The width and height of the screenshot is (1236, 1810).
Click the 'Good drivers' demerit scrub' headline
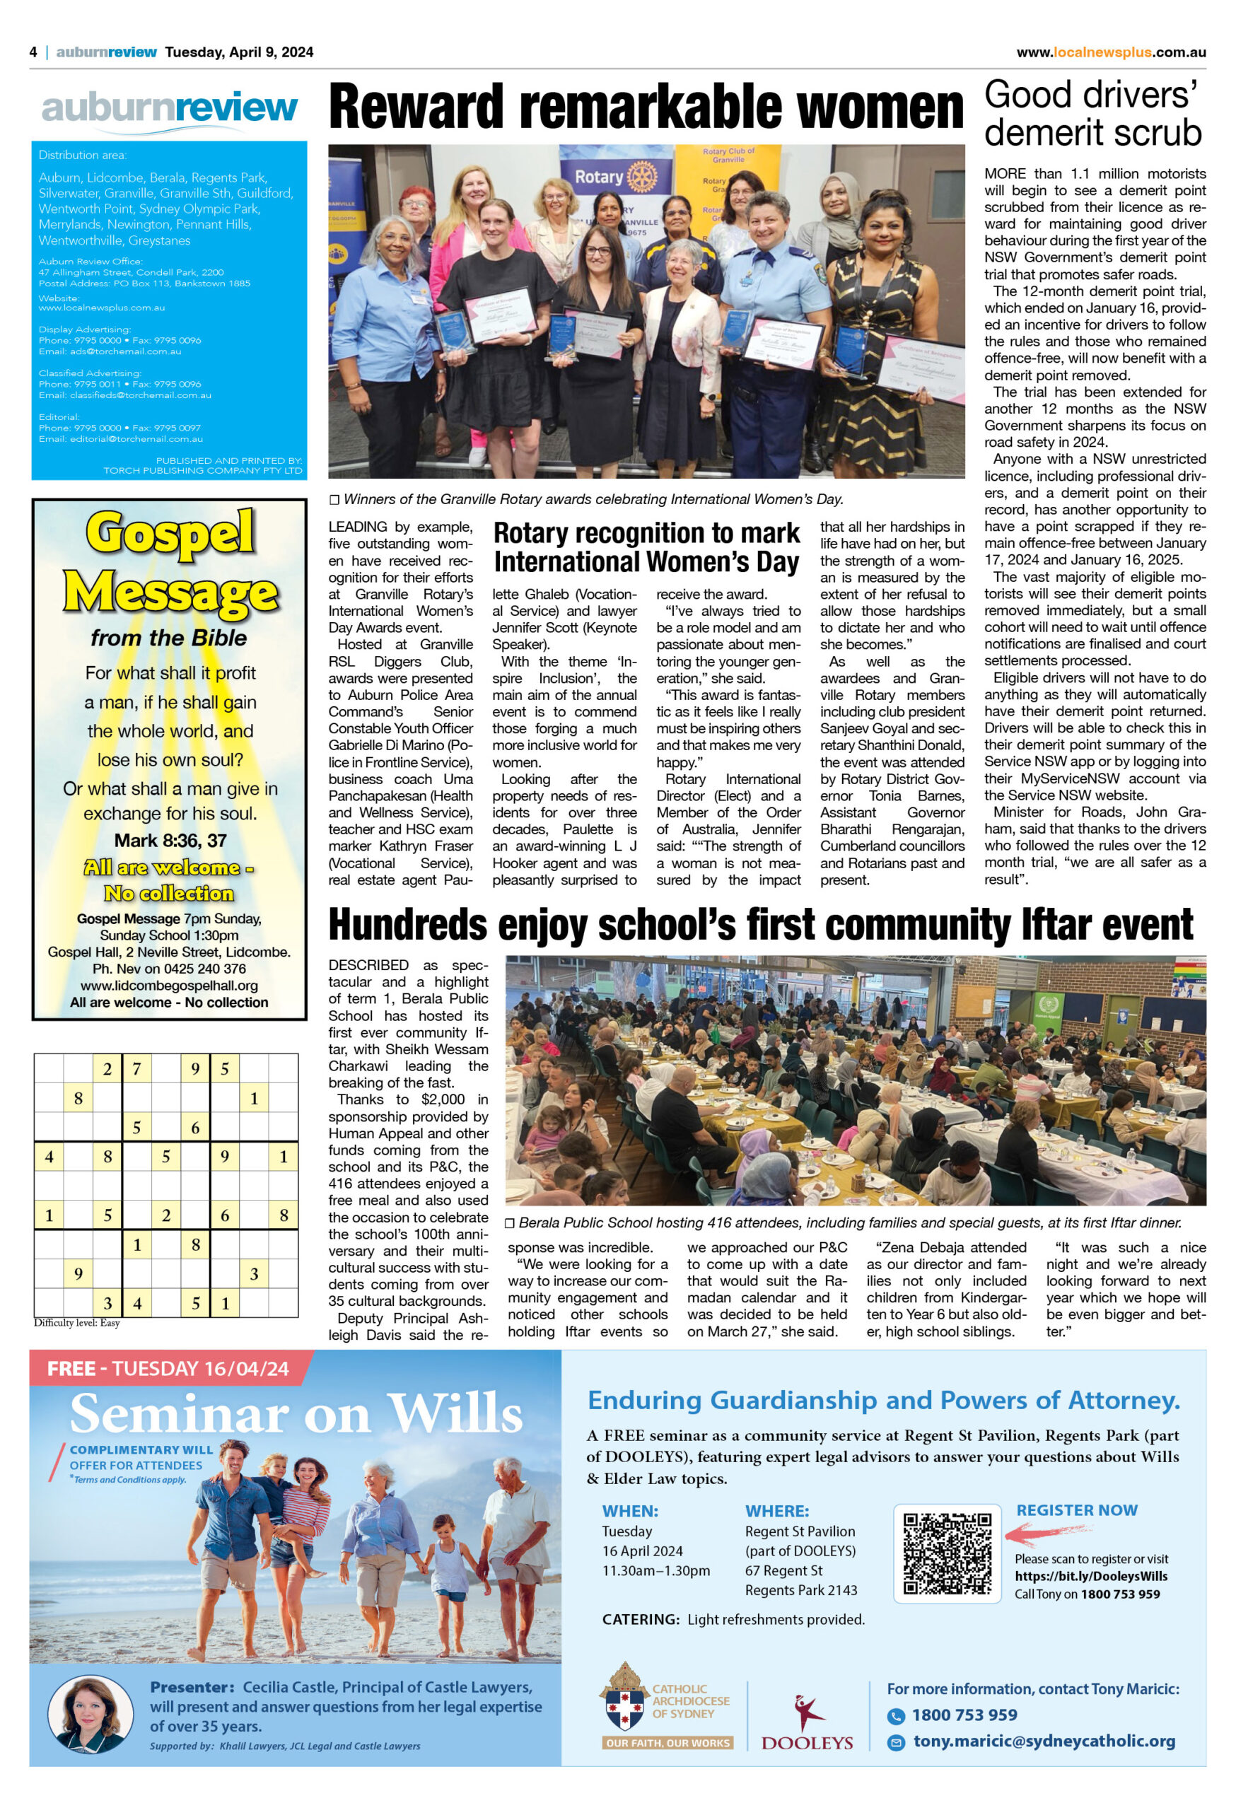(1093, 115)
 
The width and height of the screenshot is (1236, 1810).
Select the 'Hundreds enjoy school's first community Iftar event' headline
(760, 926)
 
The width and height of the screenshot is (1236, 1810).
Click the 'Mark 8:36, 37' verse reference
(170, 841)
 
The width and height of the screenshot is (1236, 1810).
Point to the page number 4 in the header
(33, 52)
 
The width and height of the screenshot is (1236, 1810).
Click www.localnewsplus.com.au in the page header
(1111, 52)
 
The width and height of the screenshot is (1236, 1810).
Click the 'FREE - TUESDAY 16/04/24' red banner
(168, 1368)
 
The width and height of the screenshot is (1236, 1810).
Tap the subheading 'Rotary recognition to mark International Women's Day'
(646, 547)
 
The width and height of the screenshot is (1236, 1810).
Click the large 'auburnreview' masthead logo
(169, 109)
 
